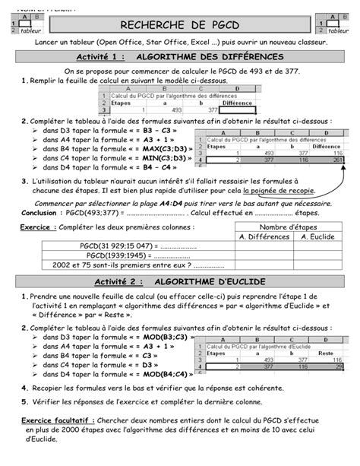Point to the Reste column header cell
pyautogui.click(x=324, y=353)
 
